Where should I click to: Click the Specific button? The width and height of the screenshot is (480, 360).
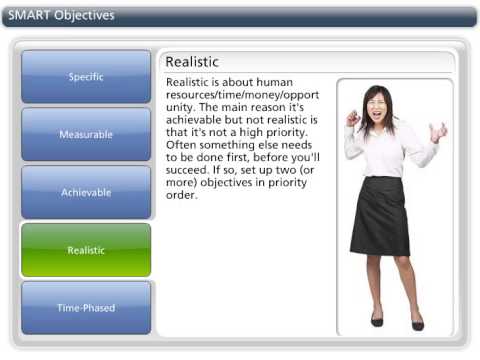[x=86, y=77]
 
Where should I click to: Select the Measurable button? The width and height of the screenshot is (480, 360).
[x=86, y=134]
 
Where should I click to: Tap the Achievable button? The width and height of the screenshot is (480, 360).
[x=86, y=192]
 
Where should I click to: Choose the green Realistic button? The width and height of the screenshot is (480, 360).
[x=86, y=250]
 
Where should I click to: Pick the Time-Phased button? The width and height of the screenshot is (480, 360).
[x=86, y=308]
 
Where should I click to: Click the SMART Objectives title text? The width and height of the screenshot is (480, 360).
[x=63, y=16]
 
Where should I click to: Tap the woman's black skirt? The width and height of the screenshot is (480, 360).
[x=380, y=215]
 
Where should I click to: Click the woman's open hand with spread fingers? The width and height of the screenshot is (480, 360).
[x=437, y=131]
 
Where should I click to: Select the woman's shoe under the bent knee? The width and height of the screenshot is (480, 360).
[x=376, y=320]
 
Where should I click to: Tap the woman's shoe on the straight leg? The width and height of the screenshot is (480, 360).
[x=417, y=324]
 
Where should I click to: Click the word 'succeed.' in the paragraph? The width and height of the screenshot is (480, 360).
[x=191, y=171]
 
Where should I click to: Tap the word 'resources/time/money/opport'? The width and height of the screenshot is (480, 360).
[x=240, y=94]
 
